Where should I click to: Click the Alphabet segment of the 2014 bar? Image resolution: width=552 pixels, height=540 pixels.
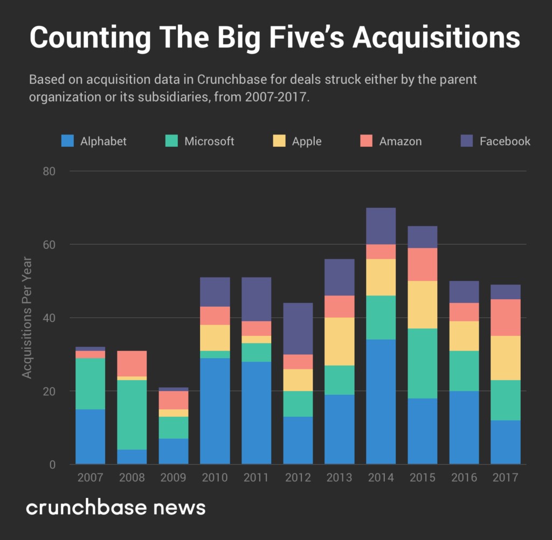(381, 402)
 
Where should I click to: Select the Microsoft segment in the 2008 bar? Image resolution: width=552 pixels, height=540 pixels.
(132, 415)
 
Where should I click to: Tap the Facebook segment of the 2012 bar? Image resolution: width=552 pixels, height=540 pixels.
(298, 328)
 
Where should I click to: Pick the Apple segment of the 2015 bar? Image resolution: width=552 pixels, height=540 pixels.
(422, 305)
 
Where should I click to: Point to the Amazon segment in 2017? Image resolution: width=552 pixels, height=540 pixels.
(505, 318)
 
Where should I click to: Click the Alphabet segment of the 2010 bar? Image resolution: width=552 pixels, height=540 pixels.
(215, 411)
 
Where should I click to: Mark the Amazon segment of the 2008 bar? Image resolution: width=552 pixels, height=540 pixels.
(132, 363)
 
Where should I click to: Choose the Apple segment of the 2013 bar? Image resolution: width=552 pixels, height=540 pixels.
(340, 341)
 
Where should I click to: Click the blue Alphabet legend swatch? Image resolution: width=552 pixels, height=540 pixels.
(67, 141)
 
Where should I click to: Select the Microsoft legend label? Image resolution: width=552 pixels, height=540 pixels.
(209, 141)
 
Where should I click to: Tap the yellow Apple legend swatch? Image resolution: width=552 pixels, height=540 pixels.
(279, 141)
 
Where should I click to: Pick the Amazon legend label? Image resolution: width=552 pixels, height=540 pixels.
(401, 141)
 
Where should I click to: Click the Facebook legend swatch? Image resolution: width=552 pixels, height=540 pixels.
(467, 141)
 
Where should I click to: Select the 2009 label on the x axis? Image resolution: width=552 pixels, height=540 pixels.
(174, 478)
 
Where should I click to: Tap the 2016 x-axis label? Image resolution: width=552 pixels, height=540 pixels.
(464, 478)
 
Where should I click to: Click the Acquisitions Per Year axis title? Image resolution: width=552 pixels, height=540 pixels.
(27, 318)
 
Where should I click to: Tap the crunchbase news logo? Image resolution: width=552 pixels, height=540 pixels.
(116, 508)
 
